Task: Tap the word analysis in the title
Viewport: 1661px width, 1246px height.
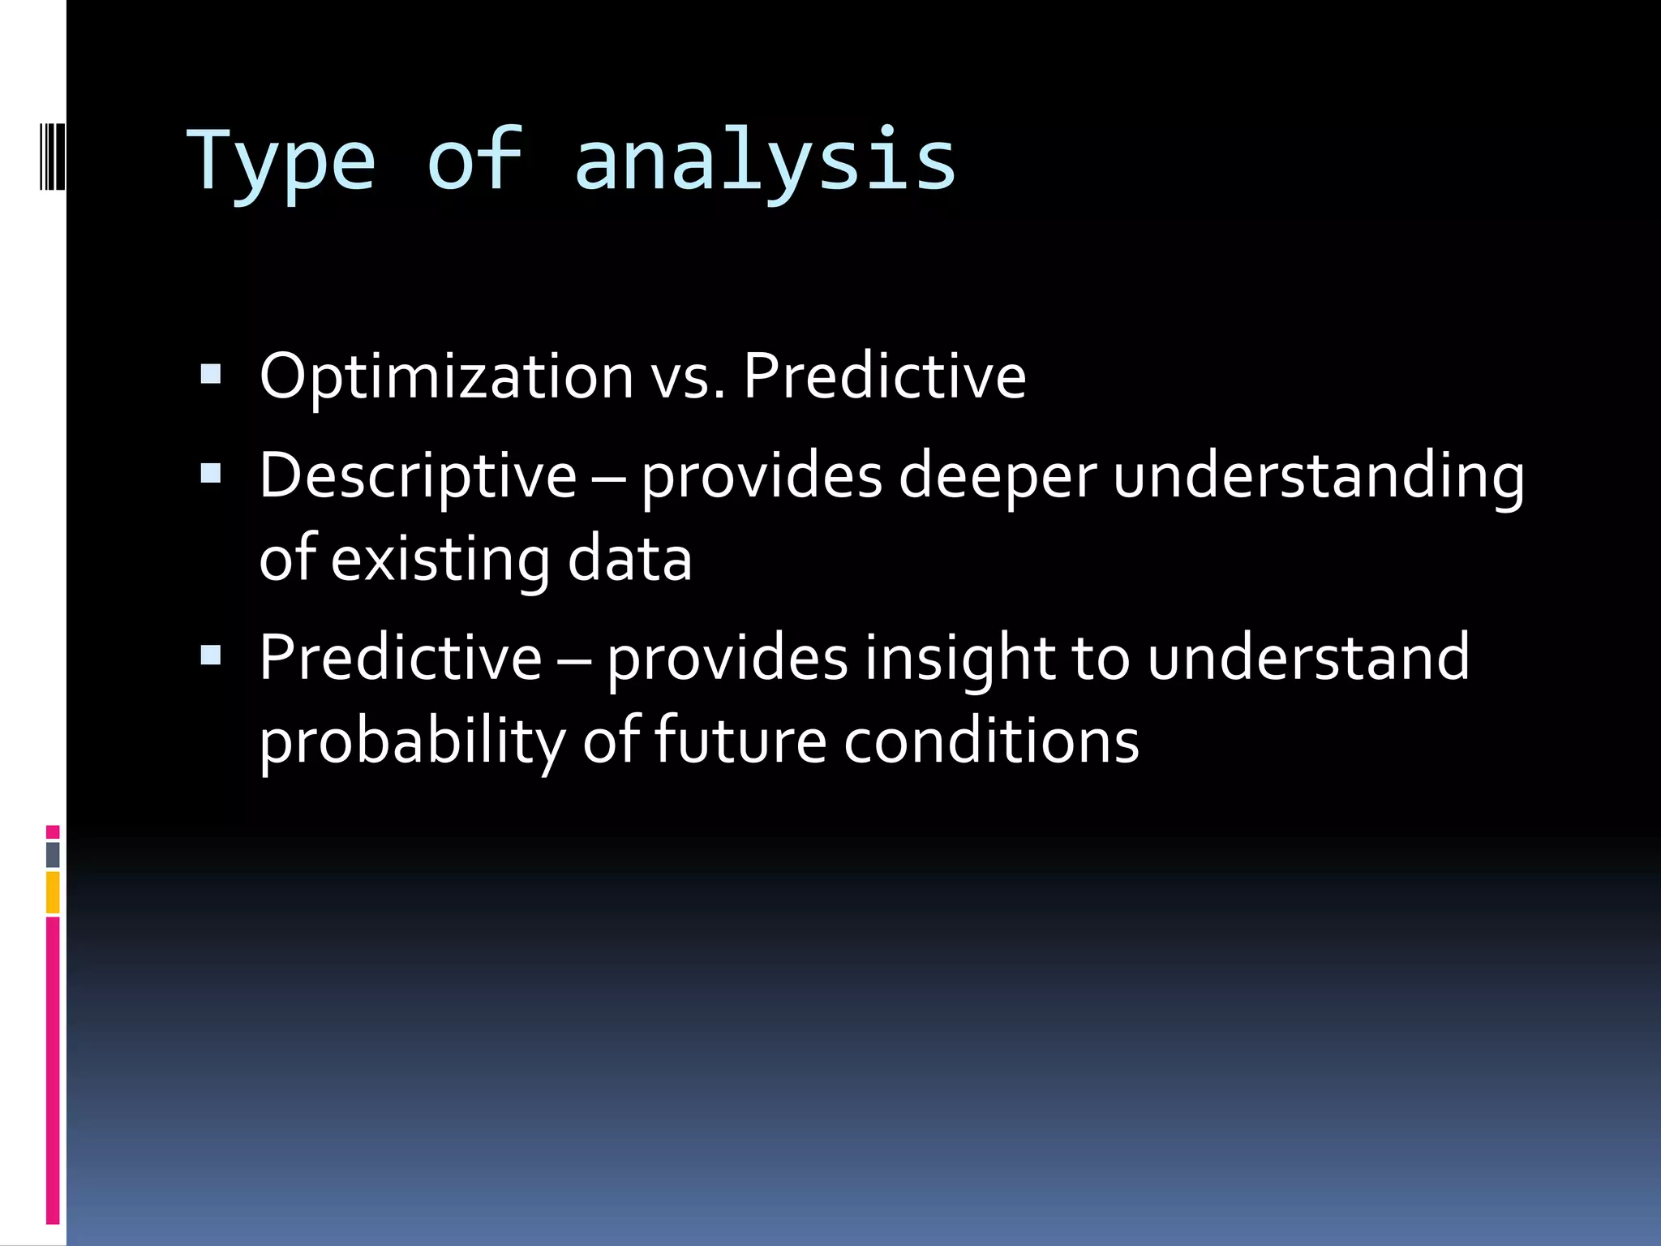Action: pos(765,162)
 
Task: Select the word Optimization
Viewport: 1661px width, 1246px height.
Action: pos(446,376)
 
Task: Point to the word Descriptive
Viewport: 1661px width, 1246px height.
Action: pos(418,476)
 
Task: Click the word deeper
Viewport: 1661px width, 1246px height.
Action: pos(998,476)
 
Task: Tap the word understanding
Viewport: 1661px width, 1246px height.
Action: pos(1318,476)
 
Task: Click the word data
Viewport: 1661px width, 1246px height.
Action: pos(629,560)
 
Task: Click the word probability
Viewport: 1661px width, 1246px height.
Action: pos(412,741)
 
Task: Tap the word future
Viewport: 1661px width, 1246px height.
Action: pos(740,741)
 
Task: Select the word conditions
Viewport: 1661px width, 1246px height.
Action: pos(991,741)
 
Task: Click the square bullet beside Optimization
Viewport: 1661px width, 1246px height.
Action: pos(211,374)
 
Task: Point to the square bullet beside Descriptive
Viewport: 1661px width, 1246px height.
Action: pos(211,473)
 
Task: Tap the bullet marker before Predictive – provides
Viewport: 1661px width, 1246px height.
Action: pos(211,655)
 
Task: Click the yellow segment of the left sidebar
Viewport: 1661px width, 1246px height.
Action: pos(53,892)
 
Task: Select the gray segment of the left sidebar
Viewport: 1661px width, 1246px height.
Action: pos(53,855)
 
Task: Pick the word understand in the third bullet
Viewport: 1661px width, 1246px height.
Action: pos(1307,658)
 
